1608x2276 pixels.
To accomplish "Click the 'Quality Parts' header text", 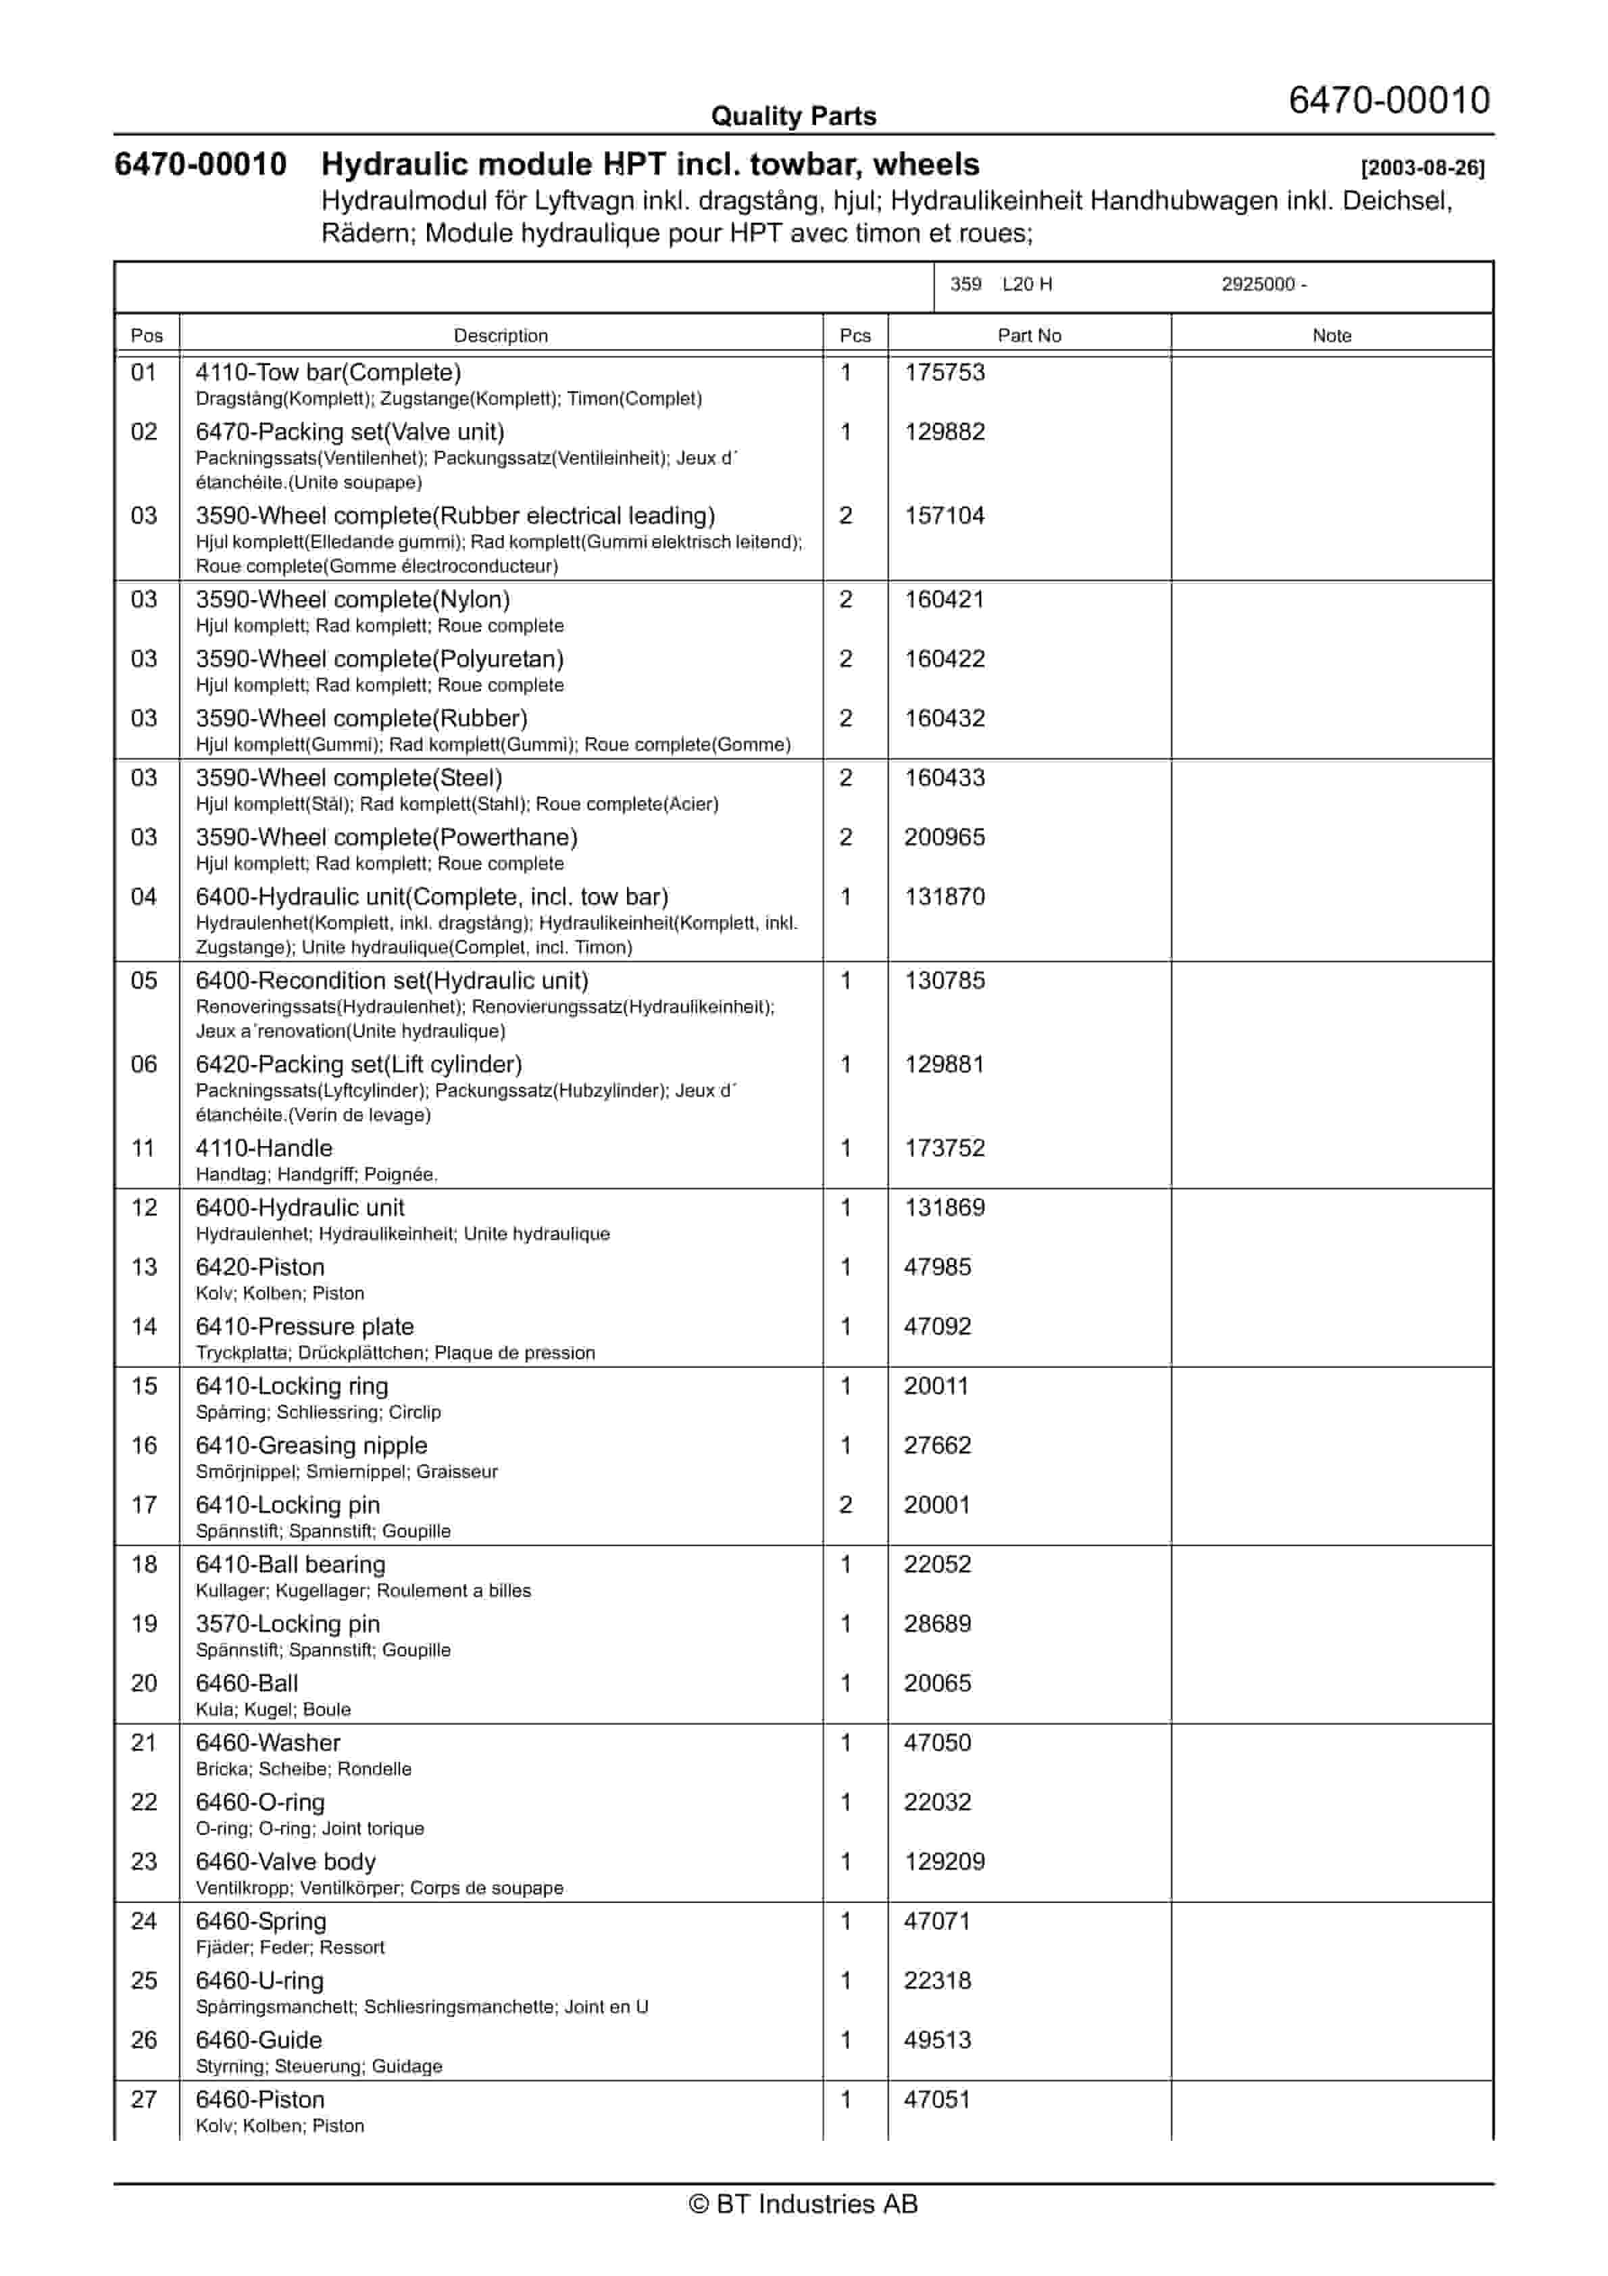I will (x=793, y=116).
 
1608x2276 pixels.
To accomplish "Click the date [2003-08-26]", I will (x=1423, y=168).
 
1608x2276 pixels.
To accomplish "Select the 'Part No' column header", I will (x=1029, y=335).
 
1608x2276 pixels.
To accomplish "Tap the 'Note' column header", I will (x=1332, y=335).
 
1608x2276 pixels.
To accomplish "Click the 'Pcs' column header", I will (x=855, y=335).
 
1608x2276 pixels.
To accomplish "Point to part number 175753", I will (x=945, y=373).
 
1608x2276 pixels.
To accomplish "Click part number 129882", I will (x=945, y=432).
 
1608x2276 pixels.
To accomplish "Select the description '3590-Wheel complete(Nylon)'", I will (x=353, y=599).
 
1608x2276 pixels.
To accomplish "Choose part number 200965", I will (x=945, y=838).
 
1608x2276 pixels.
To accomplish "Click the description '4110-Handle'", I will (x=263, y=1148).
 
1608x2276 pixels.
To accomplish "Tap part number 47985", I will (x=937, y=1267).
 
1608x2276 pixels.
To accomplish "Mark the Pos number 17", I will (x=145, y=1505).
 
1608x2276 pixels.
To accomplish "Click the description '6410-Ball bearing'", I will (x=291, y=1564).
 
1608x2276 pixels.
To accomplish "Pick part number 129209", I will (x=945, y=1862).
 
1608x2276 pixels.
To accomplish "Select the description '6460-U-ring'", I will (x=259, y=1981).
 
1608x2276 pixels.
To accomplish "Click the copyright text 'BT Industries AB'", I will (x=804, y=2204).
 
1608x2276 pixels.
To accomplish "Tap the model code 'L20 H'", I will (x=1027, y=284).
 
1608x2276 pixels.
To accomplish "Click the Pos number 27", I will (x=145, y=2100).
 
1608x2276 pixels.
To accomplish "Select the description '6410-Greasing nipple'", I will (x=311, y=1445).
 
